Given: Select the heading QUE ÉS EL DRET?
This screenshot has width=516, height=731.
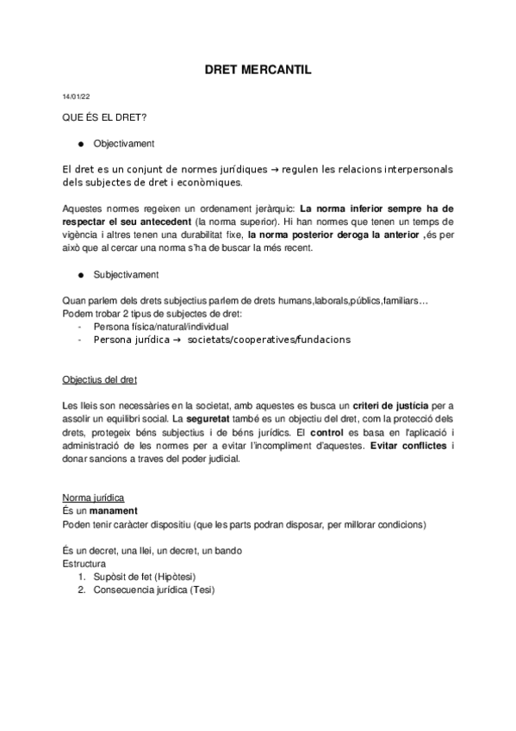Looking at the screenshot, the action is pyautogui.click(x=98, y=116).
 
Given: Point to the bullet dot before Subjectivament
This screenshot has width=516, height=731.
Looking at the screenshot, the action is pyautogui.click(x=78, y=275).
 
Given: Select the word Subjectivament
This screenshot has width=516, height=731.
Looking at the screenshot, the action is pyautogui.click(x=126, y=275).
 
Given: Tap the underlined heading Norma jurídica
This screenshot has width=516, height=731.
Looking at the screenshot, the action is pyautogui.click(x=94, y=498).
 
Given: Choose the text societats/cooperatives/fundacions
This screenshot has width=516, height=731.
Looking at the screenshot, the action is pyautogui.click(x=269, y=340).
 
